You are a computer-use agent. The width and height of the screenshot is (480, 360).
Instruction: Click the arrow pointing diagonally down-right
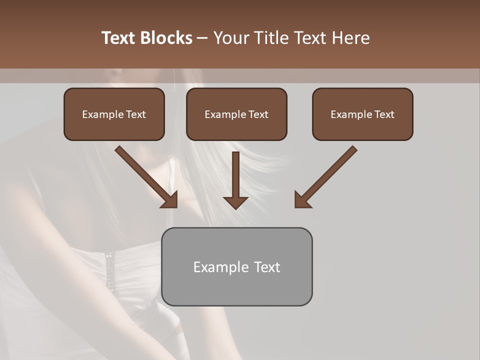[x=145, y=176]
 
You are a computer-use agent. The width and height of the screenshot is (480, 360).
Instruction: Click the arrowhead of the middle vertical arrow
[x=235, y=201]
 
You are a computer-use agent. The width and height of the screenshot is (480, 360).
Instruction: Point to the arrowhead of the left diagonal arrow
[x=170, y=200]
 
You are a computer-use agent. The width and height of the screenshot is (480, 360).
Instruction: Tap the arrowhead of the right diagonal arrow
[x=302, y=200]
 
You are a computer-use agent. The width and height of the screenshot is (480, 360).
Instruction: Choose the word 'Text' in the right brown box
[x=384, y=114]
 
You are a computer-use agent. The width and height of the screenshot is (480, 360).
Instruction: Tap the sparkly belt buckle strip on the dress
[x=108, y=270]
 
